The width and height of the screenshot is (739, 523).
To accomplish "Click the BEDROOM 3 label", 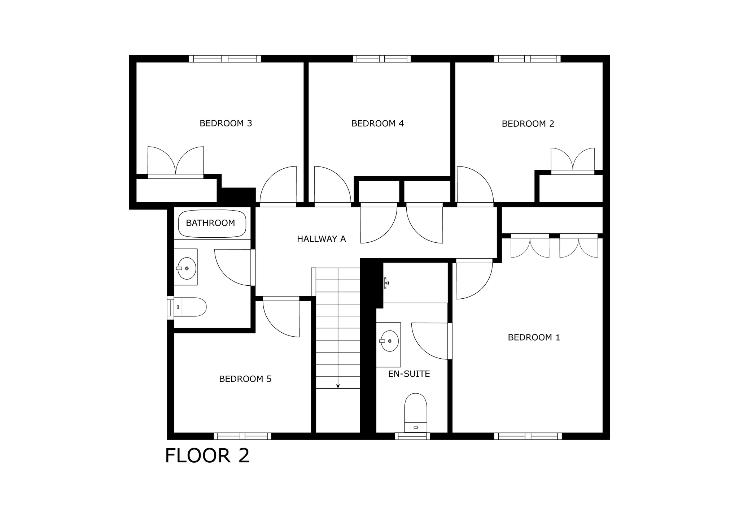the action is (226, 124).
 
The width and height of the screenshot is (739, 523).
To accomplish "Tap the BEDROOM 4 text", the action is (377, 124).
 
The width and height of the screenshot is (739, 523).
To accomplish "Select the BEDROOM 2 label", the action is (528, 124).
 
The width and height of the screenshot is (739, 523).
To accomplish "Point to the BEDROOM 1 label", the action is (534, 337).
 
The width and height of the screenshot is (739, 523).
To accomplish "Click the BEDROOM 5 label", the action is (245, 379).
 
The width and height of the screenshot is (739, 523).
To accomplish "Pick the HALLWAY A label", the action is (322, 239).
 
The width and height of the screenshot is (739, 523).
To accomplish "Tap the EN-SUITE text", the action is (409, 374).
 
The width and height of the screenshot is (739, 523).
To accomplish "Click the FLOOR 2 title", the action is (207, 455).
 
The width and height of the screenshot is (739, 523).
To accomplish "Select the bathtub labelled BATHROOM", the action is (212, 224).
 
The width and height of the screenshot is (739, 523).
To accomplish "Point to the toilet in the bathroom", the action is (190, 307).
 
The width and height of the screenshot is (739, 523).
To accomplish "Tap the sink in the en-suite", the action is (389, 341).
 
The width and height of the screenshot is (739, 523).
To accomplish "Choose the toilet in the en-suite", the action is (416, 412).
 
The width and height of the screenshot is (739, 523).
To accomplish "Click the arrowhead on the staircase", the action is (338, 386).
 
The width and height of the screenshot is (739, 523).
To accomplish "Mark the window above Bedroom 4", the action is (382, 59).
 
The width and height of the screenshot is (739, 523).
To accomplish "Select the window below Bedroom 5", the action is (242, 436).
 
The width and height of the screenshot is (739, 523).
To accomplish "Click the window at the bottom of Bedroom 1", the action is (528, 436).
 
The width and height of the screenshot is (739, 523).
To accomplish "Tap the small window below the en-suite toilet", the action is (412, 436).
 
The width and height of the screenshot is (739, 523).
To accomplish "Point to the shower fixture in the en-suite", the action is (386, 283).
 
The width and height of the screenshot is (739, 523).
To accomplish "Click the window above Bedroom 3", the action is (225, 59).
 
